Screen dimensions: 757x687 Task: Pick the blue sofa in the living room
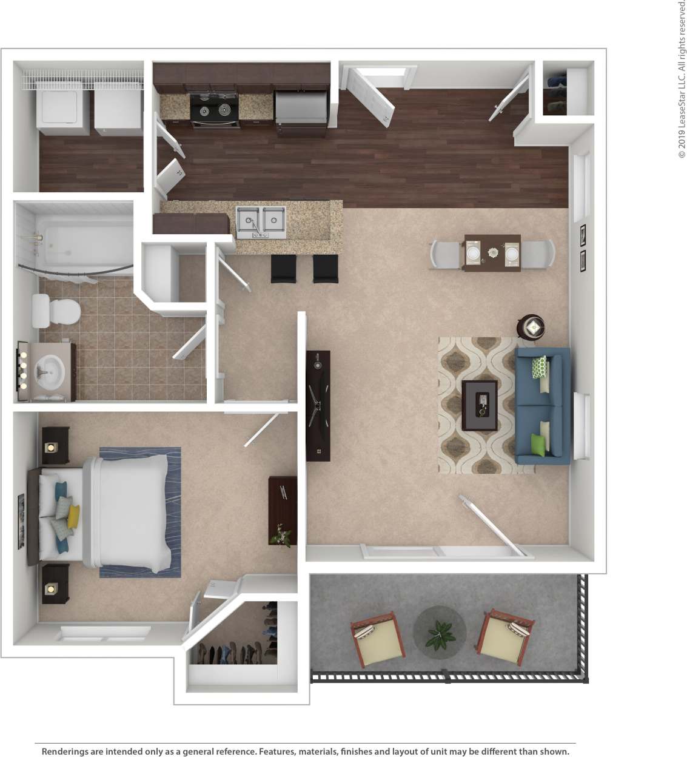click(x=543, y=405)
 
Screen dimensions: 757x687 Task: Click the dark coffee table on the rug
click(x=480, y=405)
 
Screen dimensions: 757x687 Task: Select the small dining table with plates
click(x=492, y=252)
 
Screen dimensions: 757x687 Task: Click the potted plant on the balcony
click(x=440, y=633)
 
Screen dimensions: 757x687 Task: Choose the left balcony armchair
click(x=378, y=639)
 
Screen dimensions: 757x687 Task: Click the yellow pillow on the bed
click(x=73, y=516)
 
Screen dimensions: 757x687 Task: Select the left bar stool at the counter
click(x=283, y=269)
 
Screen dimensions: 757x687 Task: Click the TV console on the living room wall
click(x=318, y=405)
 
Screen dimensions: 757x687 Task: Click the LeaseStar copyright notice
click(x=682, y=79)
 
